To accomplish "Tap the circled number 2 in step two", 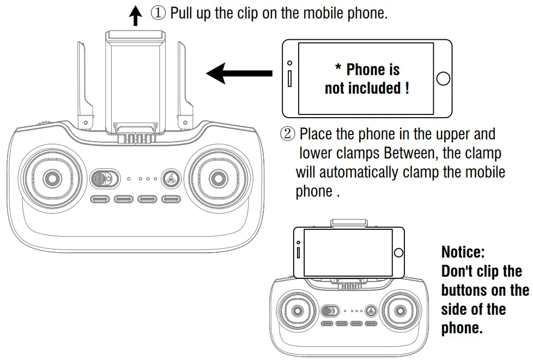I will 288,134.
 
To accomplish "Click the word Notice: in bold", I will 463,252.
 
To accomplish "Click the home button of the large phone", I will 443,78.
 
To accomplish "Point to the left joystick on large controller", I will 51,178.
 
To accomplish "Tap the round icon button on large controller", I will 171,178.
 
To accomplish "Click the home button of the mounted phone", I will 398,252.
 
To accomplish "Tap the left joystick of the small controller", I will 297,311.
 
